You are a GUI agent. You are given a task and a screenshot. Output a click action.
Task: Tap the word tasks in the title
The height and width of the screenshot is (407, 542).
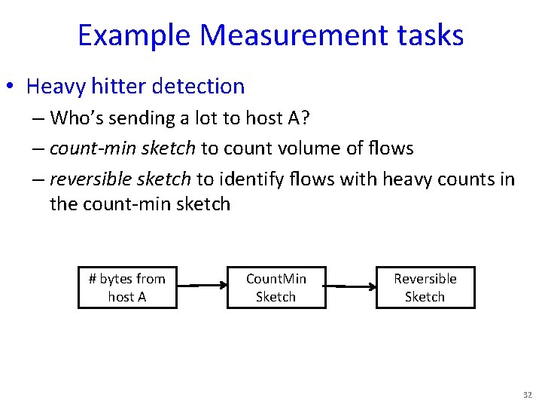tap(432, 35)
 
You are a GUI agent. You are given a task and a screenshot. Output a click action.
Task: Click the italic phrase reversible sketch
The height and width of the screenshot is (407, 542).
tap(121, 179)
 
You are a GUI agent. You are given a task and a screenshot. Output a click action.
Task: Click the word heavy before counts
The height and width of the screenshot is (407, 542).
tap(407, 179)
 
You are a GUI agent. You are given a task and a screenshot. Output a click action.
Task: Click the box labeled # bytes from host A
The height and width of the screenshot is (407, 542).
tap(127, 288)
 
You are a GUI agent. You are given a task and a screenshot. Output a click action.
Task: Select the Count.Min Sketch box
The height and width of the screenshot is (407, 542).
tap(276, 288)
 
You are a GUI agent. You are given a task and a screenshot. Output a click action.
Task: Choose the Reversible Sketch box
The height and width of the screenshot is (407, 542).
tap(425, 288)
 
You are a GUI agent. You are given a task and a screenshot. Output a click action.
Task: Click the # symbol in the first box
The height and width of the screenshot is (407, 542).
tap(93, 279)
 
